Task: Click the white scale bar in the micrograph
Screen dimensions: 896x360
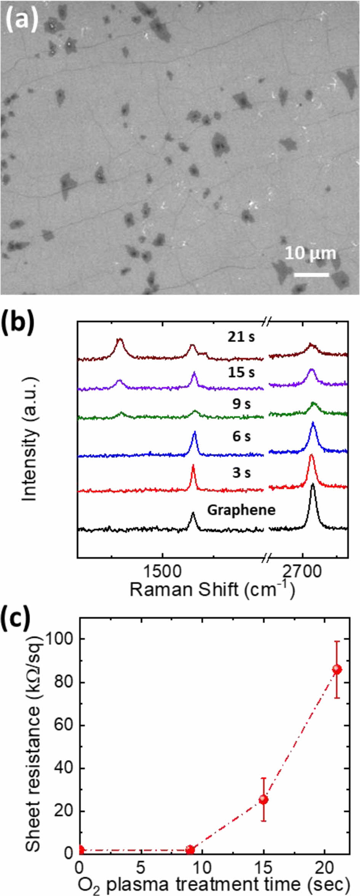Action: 311,274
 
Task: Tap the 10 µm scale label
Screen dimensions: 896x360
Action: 310,253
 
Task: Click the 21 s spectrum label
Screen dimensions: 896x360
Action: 241,337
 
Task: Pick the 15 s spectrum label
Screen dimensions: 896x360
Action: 241,372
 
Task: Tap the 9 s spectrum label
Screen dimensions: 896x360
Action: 242,404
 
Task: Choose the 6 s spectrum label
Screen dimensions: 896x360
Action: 242,437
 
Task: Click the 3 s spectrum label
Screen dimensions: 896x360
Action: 242,473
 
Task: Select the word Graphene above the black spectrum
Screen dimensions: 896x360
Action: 241,510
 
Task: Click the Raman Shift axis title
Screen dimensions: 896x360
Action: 212,589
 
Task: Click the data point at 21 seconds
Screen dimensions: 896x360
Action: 337,669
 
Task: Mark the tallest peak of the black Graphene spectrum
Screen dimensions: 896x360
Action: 313,485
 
